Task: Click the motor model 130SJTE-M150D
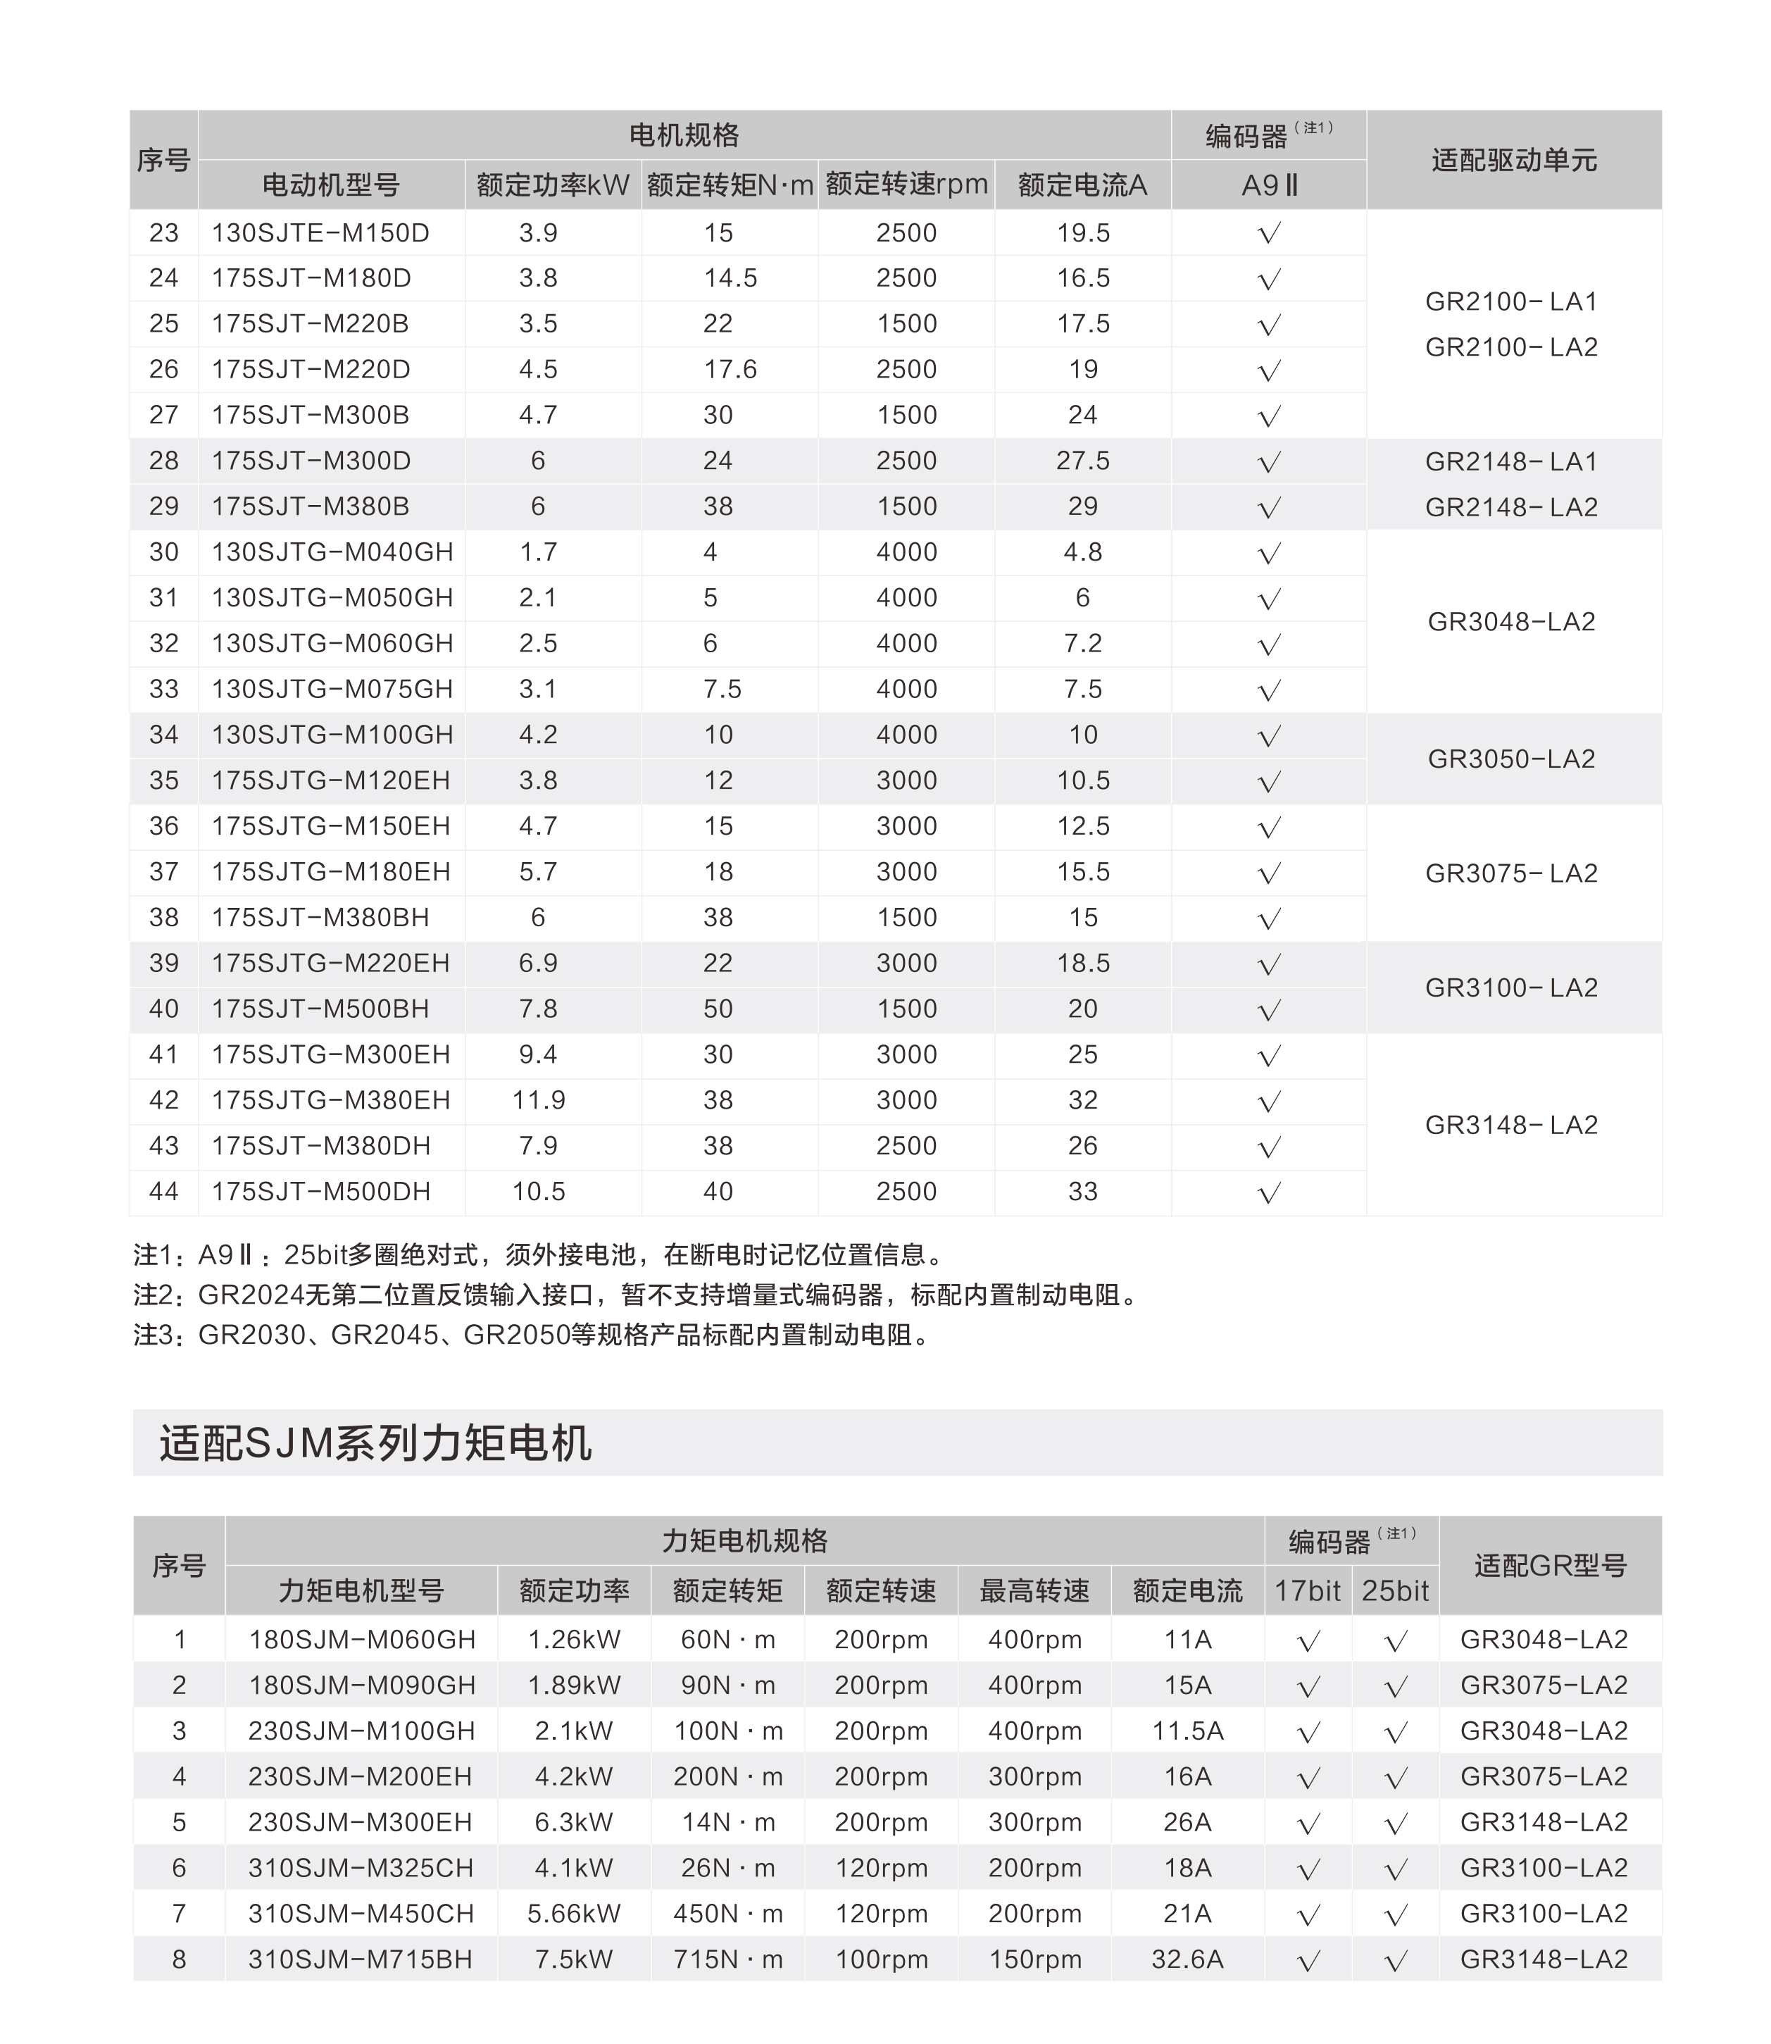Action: click(x=320, y=233)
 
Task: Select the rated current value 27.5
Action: click(x=1082, y=461)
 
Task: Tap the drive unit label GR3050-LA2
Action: click(x=1511, y=759)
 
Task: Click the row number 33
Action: click(x=164, y=690)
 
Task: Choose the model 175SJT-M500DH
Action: click(x=320, y=1192)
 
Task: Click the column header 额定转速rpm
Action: click(x=906, y=185)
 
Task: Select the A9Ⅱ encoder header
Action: click(x=1269, y=185)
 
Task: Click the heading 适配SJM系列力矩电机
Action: click(x=375, y=1443)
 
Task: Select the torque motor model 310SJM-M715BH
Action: click(x=361, y=1959)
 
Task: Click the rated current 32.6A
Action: click(x=1187, y=1959)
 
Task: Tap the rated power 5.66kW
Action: click(x=573, y=1914)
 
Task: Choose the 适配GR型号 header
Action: click(x=1550, y=1566)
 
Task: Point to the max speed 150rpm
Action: click(x=1034, y=1959)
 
